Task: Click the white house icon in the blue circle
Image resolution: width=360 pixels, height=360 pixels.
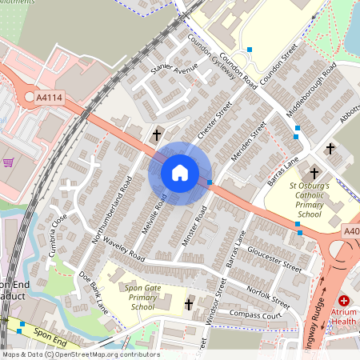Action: click(x=180, y=173)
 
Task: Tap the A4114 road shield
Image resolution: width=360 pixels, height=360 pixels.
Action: click(x=50, y=98)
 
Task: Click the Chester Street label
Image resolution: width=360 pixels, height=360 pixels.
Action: click(x=214, y=121)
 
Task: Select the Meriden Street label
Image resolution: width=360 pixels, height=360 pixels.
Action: click(x=247, y=140)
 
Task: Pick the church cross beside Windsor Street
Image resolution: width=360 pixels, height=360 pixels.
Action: click(x=190, y=304)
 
